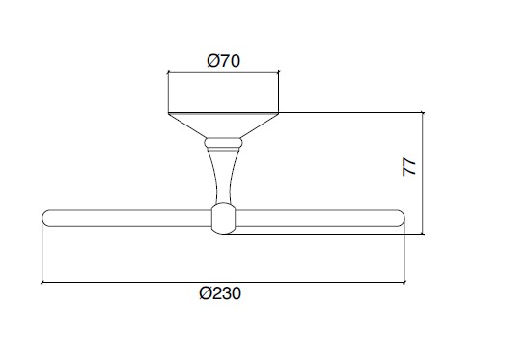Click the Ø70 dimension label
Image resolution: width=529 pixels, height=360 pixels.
(223, 61)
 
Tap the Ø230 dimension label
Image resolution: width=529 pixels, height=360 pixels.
(220, 293)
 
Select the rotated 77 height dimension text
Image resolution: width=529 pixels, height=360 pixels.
(409, 167)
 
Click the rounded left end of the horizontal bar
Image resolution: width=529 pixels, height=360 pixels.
(46, 218)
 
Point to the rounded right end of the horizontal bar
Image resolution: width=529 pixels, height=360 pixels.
(400, 218)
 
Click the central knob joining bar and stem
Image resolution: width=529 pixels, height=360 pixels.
(223, 218)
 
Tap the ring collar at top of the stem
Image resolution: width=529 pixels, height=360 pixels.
(223, 143)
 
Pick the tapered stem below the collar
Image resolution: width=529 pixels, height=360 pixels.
(223, 176)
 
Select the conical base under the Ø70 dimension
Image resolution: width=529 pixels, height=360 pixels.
(223, 125)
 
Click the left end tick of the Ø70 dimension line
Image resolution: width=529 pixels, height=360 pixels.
(168, 71)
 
